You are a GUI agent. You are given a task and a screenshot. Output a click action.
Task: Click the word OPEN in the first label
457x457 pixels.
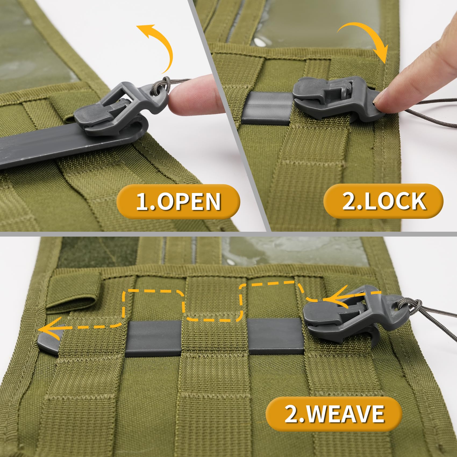[x=189, y=202]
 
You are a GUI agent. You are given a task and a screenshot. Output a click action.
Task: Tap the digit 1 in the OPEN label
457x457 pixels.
[x=143, y=202]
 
